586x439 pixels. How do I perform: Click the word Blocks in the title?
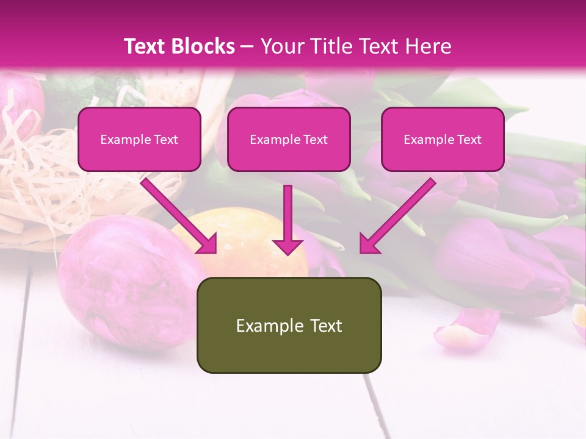coord(203,46)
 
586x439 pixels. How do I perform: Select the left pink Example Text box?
coord(139,139)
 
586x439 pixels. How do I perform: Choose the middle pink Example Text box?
coord(289,139)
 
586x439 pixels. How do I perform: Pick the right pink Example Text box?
coord(443,139)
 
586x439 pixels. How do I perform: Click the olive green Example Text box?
coord(289,325)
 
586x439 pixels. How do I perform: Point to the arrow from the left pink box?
coord(177,213)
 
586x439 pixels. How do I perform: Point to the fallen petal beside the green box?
coord(465,326)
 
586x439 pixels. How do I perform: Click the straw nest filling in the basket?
coord(37,177)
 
